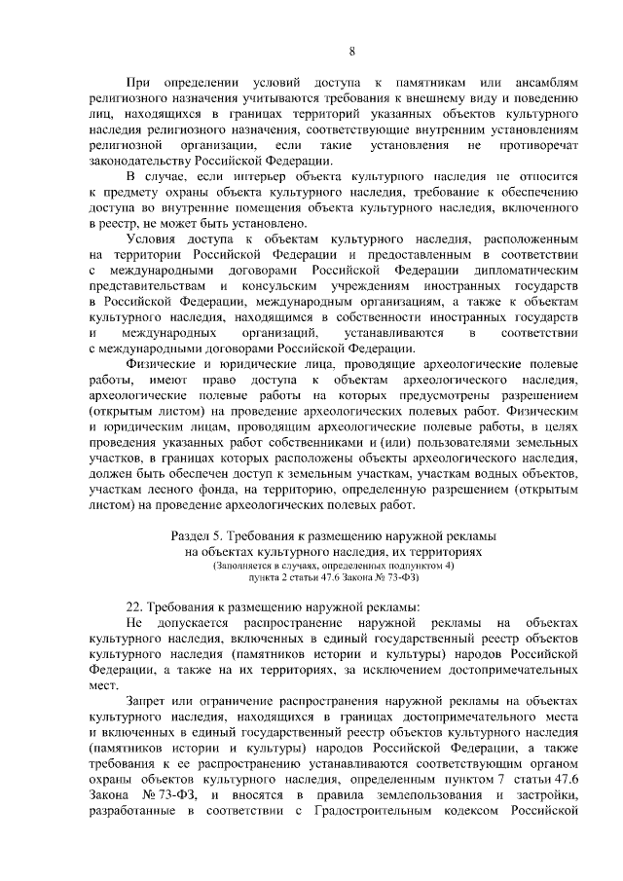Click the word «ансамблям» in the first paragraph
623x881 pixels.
543,84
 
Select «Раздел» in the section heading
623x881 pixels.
193,536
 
